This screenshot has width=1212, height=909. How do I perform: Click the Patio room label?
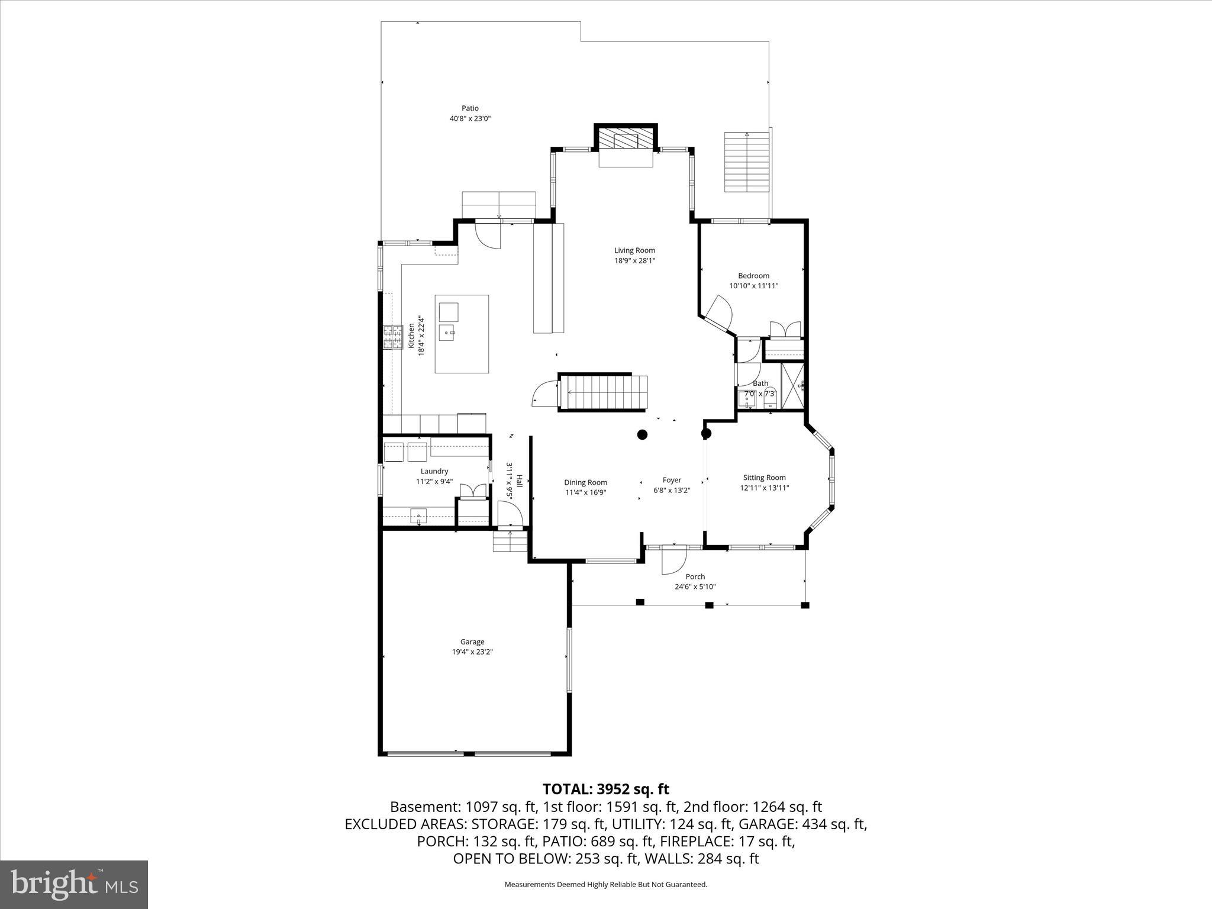(470, 108)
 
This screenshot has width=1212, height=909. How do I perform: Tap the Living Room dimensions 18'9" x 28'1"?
(634, 260)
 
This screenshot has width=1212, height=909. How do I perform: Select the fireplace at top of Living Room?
(626, 141)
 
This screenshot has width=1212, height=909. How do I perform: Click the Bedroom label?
(753, 276)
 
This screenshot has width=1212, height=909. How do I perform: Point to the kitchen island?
(462, 334)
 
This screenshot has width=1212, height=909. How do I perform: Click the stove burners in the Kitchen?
(392, 338)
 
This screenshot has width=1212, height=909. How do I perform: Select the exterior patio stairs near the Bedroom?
(746, 162)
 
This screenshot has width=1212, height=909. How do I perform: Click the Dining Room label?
(585, 482)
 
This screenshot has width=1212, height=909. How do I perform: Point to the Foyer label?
(672, 480)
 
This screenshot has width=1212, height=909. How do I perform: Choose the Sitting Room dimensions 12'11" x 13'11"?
(765, 488)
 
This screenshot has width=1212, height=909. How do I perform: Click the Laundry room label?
(434, 472)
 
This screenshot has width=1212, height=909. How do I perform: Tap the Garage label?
(472, 642)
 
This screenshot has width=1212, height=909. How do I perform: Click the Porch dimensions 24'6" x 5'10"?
(695, 587)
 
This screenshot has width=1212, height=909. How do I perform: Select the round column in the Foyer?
(642, 435)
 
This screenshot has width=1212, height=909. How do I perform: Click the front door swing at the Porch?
(673, 560)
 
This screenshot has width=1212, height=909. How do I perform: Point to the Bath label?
(760, 383)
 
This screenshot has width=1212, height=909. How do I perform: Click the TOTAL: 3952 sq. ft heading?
(605, 789)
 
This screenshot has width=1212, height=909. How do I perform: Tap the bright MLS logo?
(74, 885)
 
